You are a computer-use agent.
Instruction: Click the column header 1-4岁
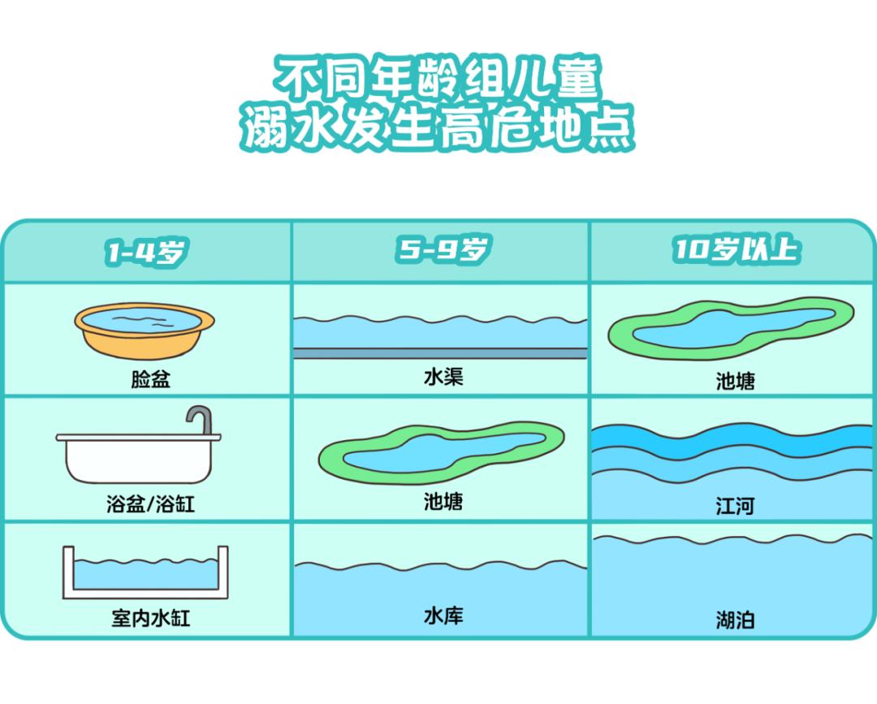point(145,253)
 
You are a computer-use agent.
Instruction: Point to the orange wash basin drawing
point(145,330)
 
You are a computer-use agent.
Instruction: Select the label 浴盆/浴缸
point(150,504)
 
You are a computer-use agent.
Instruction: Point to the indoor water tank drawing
point(145,572)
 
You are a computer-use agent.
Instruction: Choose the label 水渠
point(443,377)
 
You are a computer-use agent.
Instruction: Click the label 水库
point(443,615)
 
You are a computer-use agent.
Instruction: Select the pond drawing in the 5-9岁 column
point(441,451)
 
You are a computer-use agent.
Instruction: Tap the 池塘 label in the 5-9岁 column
point(443,501)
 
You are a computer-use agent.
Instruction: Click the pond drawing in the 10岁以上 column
point(731,328)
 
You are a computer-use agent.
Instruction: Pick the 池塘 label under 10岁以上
point(736,381)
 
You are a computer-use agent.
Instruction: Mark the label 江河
point(736,506)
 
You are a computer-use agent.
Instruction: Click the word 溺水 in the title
point(289,129)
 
